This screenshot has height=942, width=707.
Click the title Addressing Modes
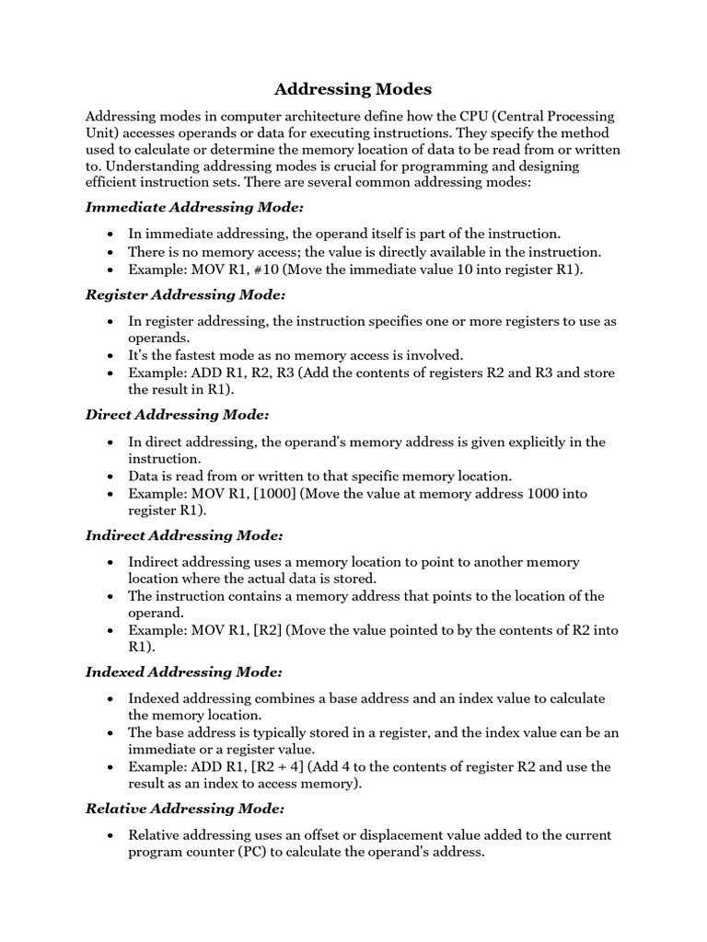(x=353, y=89)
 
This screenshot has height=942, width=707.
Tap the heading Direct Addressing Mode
(x=177, y=415)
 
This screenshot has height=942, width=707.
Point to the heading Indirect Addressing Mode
(x=184, y=535)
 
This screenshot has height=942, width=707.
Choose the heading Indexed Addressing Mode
(x=183, y=672)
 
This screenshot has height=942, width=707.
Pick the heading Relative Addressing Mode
(x=185, y=809)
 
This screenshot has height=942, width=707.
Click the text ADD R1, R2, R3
(x=241, y=373)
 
